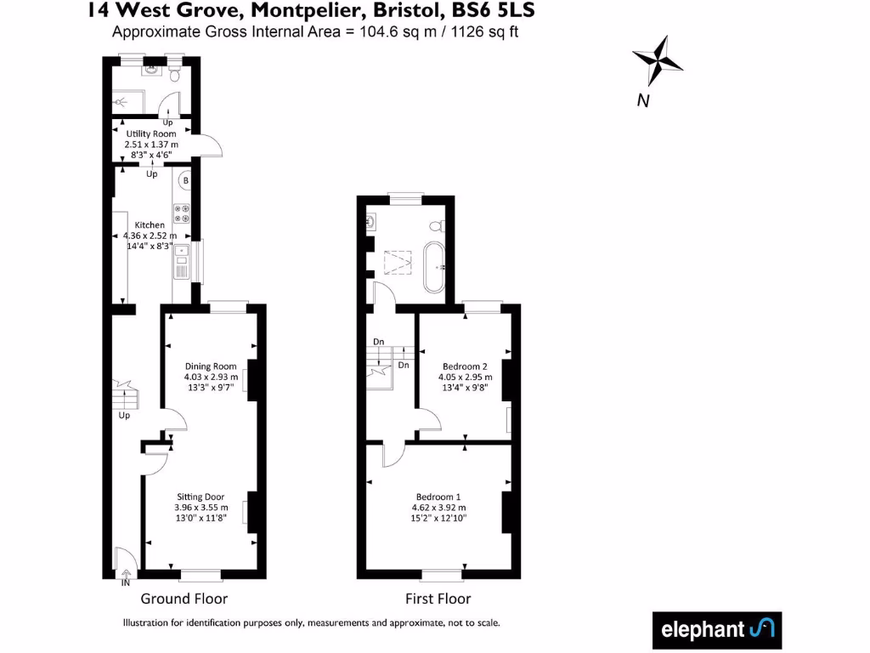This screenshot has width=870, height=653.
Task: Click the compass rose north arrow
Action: tap(658, 60)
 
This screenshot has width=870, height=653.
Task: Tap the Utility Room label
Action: tap(151, 133)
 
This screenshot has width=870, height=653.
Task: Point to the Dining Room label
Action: tap(211, 366)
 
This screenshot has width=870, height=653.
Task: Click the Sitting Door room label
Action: tap(200, 497)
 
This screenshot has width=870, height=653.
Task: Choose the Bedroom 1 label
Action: tap(438, 497)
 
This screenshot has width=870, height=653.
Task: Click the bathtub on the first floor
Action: tap(433, 267)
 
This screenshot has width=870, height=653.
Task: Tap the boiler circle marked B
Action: tap(185, 181)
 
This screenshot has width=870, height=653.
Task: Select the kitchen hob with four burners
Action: tap(182, 213)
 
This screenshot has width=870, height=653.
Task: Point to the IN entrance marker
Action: tap(126, 583)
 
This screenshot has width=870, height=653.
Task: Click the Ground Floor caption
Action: tap(184, 599)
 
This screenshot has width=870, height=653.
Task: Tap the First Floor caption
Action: tap(439, 599)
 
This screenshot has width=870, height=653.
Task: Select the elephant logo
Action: tap(716, 630)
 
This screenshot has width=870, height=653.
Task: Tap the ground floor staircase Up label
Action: tap(124, 416)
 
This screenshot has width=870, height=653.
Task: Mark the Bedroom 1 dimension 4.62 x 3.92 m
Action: tap(439, 508)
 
